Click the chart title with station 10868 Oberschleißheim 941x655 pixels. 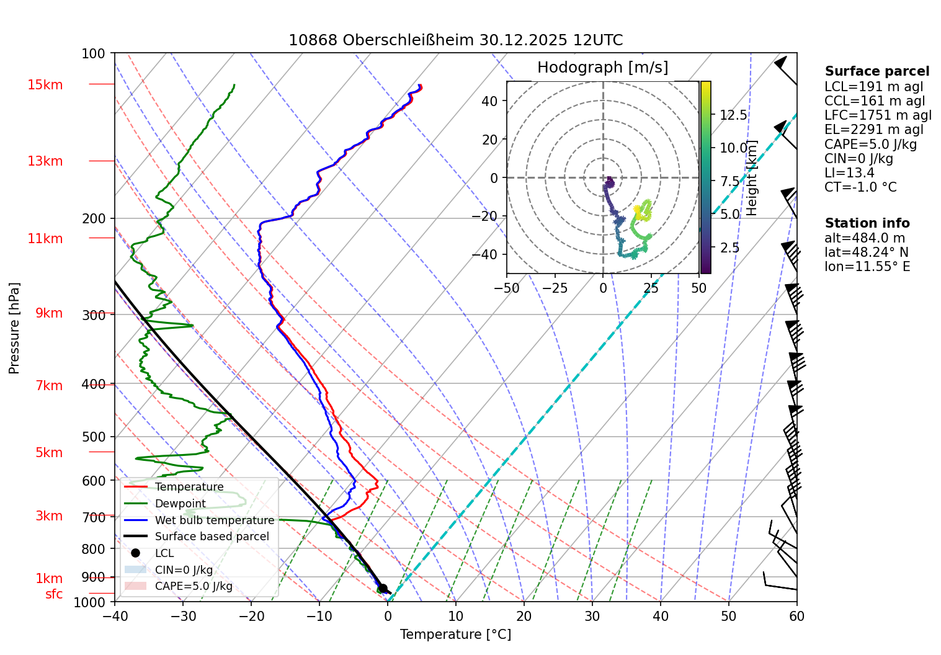point(455,40)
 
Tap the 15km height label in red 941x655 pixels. point(45,85)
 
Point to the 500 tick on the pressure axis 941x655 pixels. point(94,437)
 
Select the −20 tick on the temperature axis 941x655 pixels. point(251,616)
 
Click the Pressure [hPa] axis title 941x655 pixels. point(14,328)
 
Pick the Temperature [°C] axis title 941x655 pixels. point(455,635)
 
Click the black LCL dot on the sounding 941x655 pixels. point(383,589)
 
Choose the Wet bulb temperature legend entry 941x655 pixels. point(214,520)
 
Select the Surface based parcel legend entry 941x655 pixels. point(212,537)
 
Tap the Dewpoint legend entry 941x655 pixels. point(180,504)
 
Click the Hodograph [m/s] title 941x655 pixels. point(602,68)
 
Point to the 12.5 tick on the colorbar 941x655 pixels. point(733,115)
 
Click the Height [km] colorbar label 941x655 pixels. point(752,178)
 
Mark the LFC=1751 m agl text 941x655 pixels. point(878,115)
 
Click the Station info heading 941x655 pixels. point(867,223)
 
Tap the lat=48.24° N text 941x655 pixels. point(867,252)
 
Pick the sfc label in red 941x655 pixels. point(54,594)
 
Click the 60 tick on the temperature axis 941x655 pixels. point(796,616)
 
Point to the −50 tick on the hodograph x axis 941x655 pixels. point(507,288)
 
